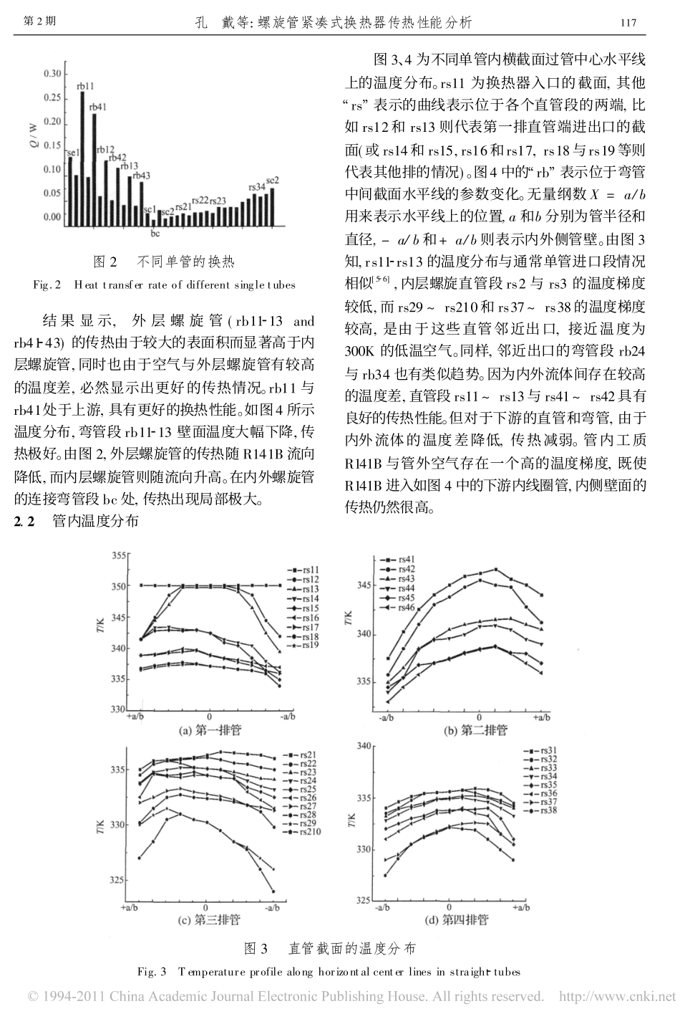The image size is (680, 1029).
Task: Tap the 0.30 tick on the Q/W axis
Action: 52,74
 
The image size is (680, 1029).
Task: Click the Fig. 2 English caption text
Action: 164,285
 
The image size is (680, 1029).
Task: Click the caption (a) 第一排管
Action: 210,729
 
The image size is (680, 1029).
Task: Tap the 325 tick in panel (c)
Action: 118,880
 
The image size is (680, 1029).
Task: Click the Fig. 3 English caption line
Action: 329,972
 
